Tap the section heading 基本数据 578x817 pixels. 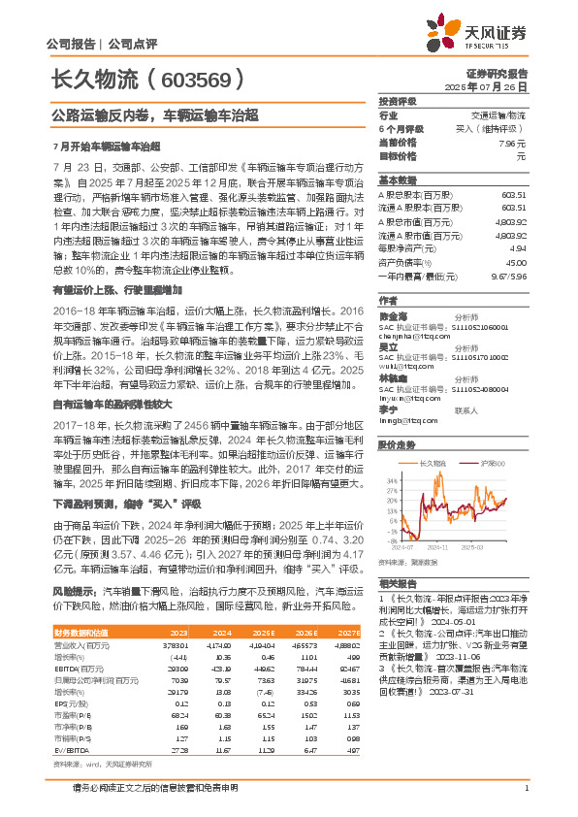click(397, 180)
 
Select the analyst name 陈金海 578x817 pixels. click(393, 315)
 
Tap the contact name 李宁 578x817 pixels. click(388, 406)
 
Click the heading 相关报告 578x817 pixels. click(397, 582)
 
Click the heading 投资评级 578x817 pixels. click(397, 101)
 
